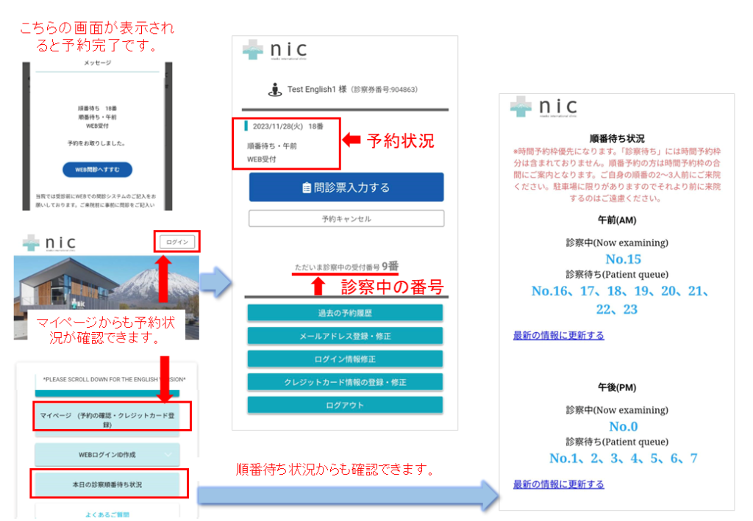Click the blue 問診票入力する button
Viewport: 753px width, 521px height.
[346, 187]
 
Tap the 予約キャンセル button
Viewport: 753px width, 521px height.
[346, 218]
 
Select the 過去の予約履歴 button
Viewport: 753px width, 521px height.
[345, 313]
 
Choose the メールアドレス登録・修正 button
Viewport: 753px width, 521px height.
[345, 336]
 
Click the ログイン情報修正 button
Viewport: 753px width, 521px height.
[345, 359]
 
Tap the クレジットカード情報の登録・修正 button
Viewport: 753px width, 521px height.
[345, 382]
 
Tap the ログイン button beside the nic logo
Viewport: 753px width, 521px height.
[177, 242]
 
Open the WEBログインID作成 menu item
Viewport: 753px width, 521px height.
[107, 455]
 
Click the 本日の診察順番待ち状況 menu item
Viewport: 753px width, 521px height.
[107, 485]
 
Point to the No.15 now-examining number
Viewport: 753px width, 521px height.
[623, 259]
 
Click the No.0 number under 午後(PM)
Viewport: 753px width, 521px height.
[623, 426]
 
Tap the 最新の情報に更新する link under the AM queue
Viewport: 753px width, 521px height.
[558, 335]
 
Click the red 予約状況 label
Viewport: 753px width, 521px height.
[400, 141]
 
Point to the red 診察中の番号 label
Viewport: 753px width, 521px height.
[392, 287]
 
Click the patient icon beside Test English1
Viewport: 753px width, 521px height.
[275, 90]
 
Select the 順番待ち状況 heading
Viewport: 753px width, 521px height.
[617, 138]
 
